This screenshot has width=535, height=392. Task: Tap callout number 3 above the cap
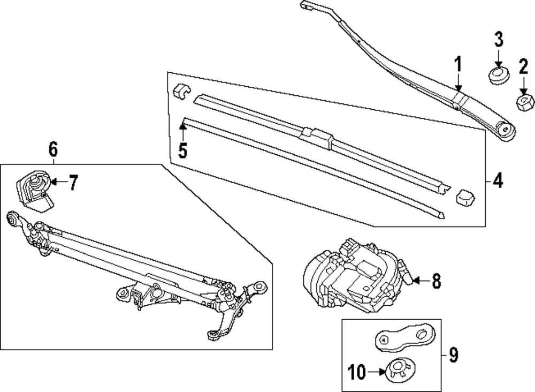(498, 40)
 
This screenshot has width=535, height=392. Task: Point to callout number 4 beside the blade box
(498, 182)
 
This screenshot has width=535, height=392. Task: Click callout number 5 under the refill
(182, 150)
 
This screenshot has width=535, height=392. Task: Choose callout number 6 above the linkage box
(53, 149)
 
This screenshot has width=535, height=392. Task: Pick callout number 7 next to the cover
(73, 183)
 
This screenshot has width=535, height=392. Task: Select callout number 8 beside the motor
(436, 281)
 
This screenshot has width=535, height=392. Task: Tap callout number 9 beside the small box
(453, 355)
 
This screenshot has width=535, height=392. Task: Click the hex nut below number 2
(523, 101)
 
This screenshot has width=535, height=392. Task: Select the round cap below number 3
(498, 75)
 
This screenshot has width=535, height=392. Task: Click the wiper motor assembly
(353, 276)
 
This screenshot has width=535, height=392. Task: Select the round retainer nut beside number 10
(398, 370)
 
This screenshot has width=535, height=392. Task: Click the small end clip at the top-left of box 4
(182, 91)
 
